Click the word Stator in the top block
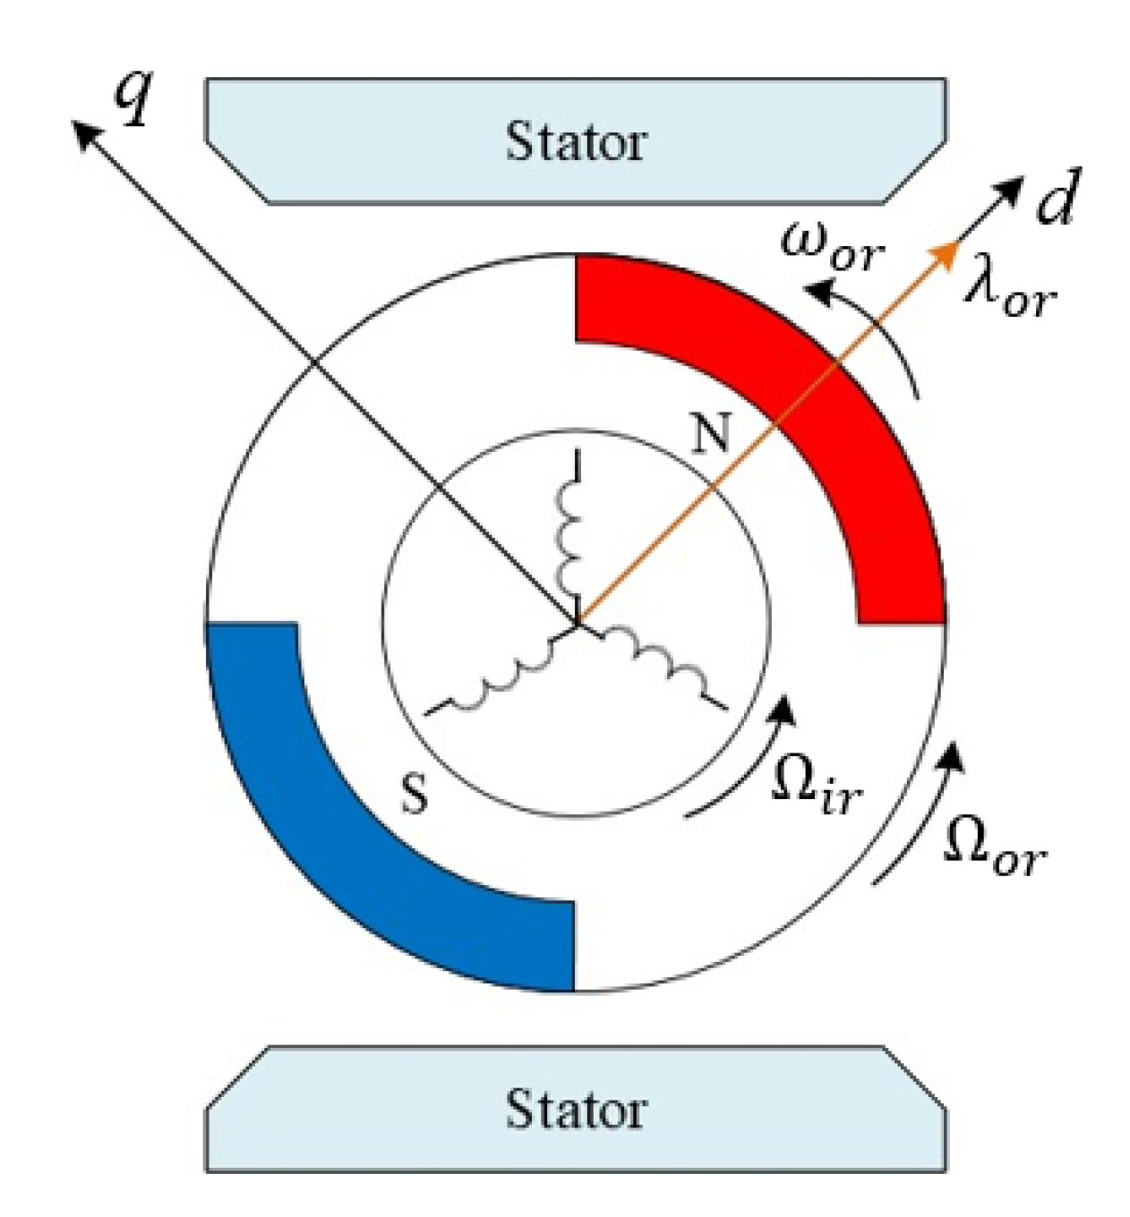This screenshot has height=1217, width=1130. click(575, 141)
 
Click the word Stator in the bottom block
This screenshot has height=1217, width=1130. click(575, 1109)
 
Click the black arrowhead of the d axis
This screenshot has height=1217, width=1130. click(1010, 189)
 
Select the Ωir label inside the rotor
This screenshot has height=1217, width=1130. click(816, 787)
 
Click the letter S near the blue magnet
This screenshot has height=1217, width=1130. click(414, 793)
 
